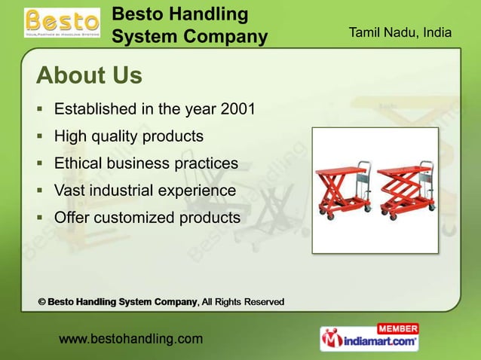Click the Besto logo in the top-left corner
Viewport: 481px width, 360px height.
(62, 23)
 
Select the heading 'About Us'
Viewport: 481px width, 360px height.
(89, 76)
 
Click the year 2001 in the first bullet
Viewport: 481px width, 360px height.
(237, 110)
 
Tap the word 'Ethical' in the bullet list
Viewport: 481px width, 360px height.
(79, 163)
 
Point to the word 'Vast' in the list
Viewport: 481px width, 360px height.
(70, 191)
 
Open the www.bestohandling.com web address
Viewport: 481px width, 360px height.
(130, 339)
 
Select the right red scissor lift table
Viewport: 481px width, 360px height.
(403, 189)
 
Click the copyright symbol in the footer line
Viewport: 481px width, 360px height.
(42, 302)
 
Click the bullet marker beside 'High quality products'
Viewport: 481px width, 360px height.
(41, 137)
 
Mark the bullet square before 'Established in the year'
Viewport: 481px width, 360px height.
(41, 110)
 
